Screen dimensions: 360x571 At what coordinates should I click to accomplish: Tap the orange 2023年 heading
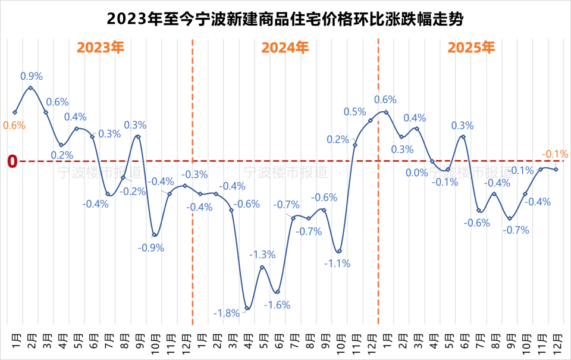(x=101, y=48)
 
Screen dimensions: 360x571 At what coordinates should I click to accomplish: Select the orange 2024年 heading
(x=285, y=48)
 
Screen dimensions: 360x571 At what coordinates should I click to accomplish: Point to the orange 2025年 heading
(x=470, y=48)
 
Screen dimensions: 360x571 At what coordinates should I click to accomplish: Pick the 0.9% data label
(x=32, y=76)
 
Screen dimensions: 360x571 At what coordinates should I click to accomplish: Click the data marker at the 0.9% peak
(x=30, y=88)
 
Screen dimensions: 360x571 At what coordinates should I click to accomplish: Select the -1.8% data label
(x=227, y=313)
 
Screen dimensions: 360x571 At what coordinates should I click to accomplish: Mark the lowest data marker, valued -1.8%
(x=247, y=308)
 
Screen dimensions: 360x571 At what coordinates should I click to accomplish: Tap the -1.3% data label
(x=262, y=255)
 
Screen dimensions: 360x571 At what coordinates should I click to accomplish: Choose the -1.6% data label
(x=277, y=305)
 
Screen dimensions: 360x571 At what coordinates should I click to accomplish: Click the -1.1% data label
(x=337, y=263)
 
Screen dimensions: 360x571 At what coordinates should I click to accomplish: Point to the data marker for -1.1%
(x=339, y=251)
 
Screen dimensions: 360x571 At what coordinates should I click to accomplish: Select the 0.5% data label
(x=355, y=111)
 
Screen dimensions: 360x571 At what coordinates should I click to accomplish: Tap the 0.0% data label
(x=417, y=173)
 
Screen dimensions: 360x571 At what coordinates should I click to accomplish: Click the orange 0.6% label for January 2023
(x=14, y=125)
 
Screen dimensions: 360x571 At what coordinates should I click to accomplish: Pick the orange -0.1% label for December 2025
(x=555, y=154)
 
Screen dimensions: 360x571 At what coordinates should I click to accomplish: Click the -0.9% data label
(x=151, y=248)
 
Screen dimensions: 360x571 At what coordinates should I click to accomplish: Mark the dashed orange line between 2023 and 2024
(x=193, y=179)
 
